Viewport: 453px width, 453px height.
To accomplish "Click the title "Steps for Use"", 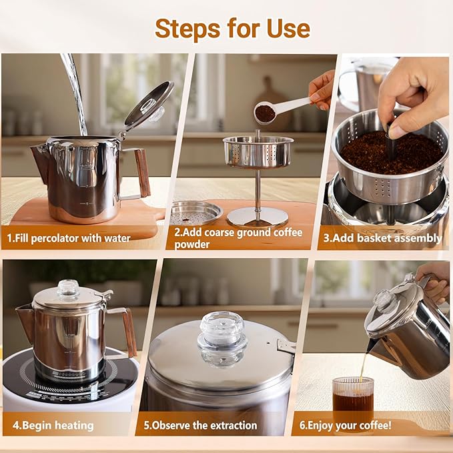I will pos(232,28).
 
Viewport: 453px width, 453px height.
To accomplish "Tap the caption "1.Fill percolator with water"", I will pos(69,238).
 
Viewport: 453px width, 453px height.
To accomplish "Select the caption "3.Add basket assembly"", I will pos(382,238).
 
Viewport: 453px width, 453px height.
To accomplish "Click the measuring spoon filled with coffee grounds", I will pos(266,113).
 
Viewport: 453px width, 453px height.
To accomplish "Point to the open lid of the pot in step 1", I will pos(148,103).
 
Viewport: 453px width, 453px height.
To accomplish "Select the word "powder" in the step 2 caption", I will pos(193,244).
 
